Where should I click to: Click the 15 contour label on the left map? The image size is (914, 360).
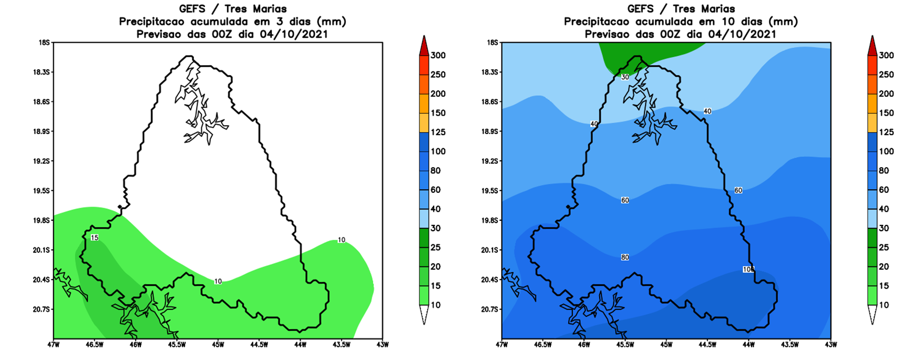pos(95,238)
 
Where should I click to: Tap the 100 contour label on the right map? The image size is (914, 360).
pos(749,269)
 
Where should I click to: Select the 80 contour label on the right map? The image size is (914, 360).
pos(625,258)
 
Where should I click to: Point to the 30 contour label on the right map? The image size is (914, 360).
pos(625,77)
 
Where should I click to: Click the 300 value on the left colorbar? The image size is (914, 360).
pos(438,55)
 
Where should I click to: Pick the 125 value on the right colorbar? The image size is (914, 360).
pos(886,132)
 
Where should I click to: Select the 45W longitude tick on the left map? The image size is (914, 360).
pos(218,345)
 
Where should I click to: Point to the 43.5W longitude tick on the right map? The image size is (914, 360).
pos(790,345)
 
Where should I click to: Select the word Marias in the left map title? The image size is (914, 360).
pos(268,9)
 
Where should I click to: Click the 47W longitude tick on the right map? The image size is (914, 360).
pos(502,345)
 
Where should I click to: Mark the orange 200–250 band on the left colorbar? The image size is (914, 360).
pos(424,84)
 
